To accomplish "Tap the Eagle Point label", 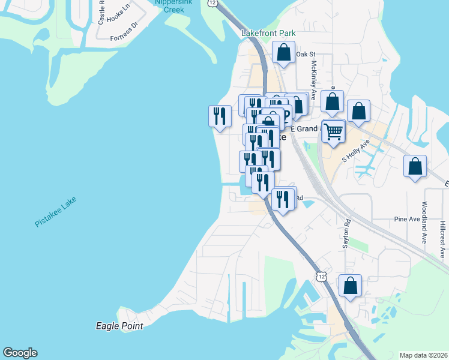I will [x=119, y=326].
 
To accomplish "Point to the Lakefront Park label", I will [x=265, y=34].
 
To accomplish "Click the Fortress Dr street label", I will [x=124, y=38].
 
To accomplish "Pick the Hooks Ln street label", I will [x=118, y=16].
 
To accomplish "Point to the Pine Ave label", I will [x=407, y=220].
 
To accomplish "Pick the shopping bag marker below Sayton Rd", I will [x=350, y=286].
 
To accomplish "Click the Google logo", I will [x=20, y=353].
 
